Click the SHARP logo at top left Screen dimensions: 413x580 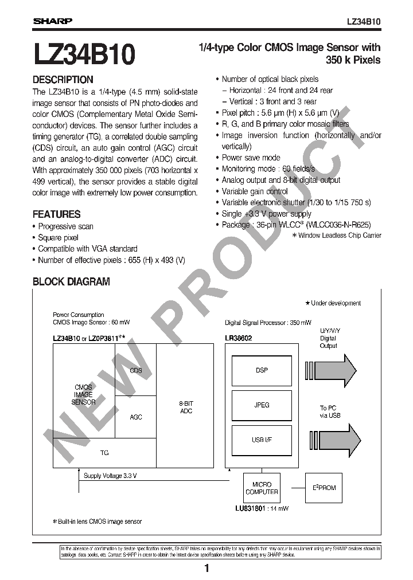[x=52, y=21]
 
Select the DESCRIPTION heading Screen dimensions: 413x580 [x=63, y=80]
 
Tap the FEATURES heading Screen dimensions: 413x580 [x=56, y=214]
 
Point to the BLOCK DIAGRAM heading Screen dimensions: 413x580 [x=71, y=281]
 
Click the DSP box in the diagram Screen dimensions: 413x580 [x=262, y=371]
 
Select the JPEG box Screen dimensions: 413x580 [x=262, y=405]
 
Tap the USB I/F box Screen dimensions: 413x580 [x=262, y=440]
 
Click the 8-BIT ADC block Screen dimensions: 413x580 [x=186, y=407]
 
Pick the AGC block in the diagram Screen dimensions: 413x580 [x=136, y=417]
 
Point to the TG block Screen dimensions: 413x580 [x=104, y=453]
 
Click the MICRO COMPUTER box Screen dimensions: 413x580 [x=262, y=488]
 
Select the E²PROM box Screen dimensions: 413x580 [x=324, y=488]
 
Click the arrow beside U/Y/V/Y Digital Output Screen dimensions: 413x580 [x=338, y=367]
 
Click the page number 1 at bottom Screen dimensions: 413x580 [x=206, y=569]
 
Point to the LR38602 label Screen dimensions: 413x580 [x=239, y=338]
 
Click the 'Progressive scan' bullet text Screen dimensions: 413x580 [x=65, y=226]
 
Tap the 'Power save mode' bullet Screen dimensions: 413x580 [x=251, y=158]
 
